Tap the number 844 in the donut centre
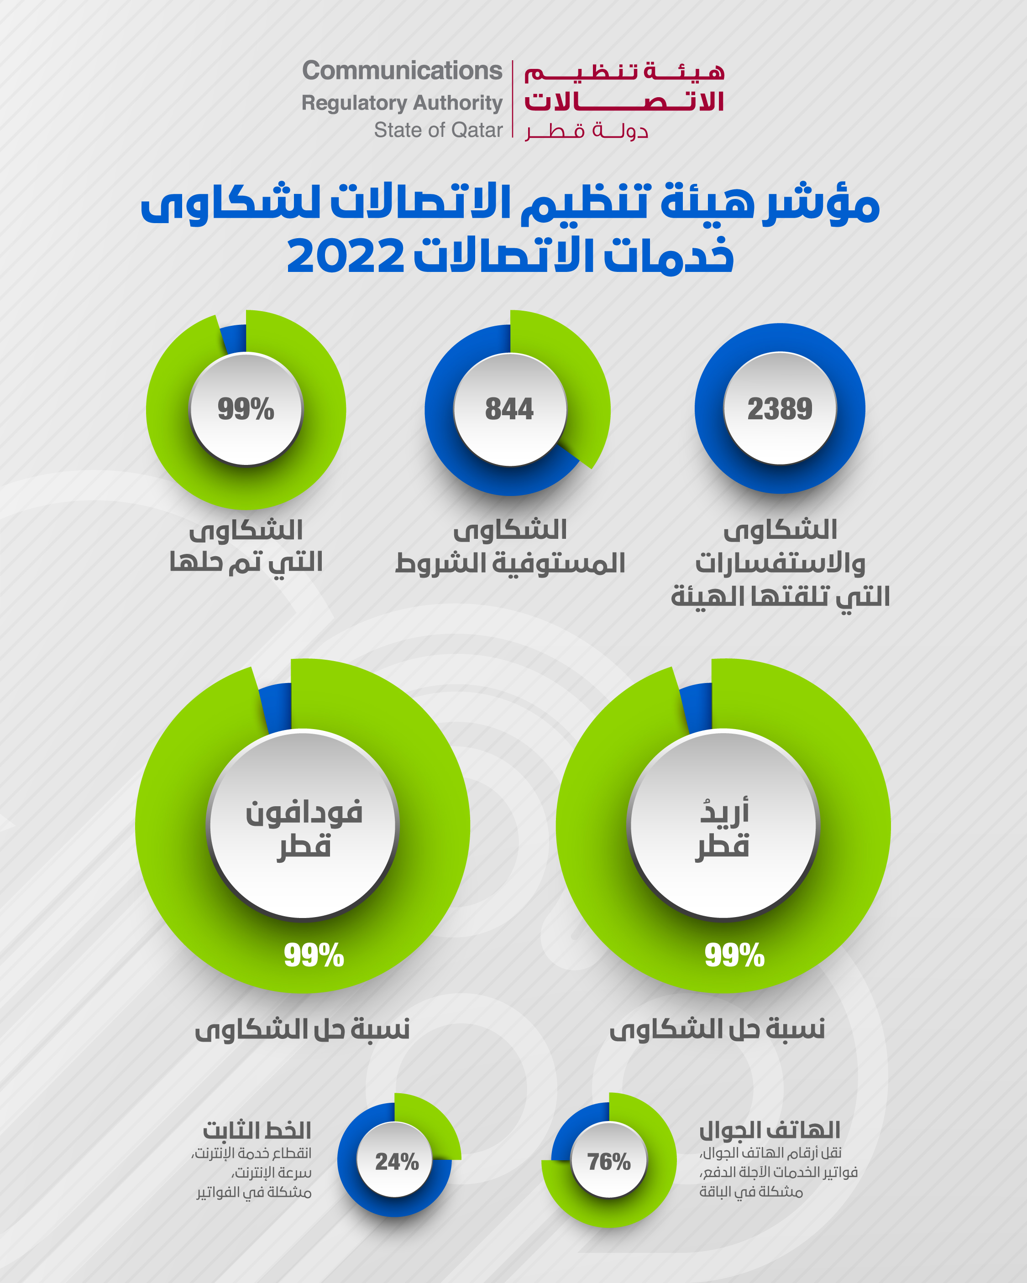point(509,409)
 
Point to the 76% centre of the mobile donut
point(608,1161)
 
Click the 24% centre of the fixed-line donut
point(397,1161)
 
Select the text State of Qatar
point(438,130)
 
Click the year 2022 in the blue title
point(346,256)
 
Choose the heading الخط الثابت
point(257,1130)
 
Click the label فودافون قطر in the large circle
point(304,829)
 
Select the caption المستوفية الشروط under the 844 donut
point(510,563)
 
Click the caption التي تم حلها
point(246,562)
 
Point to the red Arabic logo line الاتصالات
point(624,102)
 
